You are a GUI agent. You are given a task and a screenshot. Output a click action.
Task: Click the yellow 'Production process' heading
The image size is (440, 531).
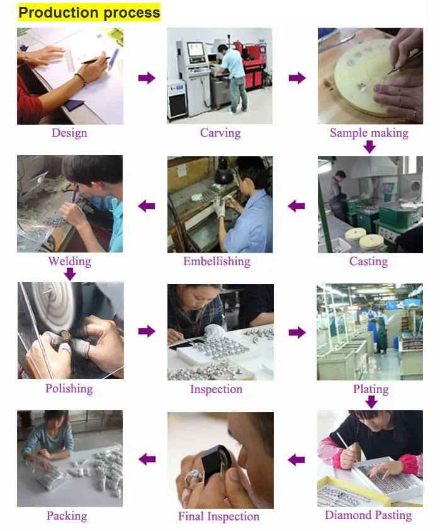tap(89, 12)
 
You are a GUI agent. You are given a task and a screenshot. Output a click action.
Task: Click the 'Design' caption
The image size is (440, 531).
tap(69, 133)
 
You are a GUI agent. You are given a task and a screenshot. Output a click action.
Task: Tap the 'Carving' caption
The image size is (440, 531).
tap(220, 133)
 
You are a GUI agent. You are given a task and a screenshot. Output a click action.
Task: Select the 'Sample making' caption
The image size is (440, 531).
tap(369, 133)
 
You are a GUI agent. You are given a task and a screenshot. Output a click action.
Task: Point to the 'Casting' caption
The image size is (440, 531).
tap(368, 261)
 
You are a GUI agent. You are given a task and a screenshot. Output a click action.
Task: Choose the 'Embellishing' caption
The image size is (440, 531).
tap(217, 261)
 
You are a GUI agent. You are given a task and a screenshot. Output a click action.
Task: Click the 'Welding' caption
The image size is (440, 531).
tap(69, 261)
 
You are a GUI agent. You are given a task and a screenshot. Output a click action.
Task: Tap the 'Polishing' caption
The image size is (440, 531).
tap(69, 389)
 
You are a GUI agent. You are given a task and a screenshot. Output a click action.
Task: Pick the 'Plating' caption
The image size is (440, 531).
tap(371, 389)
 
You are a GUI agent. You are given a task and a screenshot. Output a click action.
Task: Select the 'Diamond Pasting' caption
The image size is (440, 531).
tap(368, 516)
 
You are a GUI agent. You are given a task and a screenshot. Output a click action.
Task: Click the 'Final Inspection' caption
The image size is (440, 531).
tap(218, 517)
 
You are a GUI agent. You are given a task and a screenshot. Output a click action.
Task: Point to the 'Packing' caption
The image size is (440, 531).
tap(67, 516)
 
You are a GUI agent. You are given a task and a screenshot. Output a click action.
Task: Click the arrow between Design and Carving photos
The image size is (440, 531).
tap(147, 78)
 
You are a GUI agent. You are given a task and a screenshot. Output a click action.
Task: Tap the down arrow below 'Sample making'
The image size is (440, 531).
tap(369, 147)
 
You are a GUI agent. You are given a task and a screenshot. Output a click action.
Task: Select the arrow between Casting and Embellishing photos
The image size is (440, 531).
tap(296, 205)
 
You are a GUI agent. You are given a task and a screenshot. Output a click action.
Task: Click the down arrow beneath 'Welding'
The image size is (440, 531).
tap(70, 275)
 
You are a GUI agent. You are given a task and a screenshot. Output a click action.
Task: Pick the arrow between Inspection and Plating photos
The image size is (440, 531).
tap(296, 332)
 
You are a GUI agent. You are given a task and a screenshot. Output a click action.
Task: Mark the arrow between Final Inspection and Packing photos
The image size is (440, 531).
tap(147, 459)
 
